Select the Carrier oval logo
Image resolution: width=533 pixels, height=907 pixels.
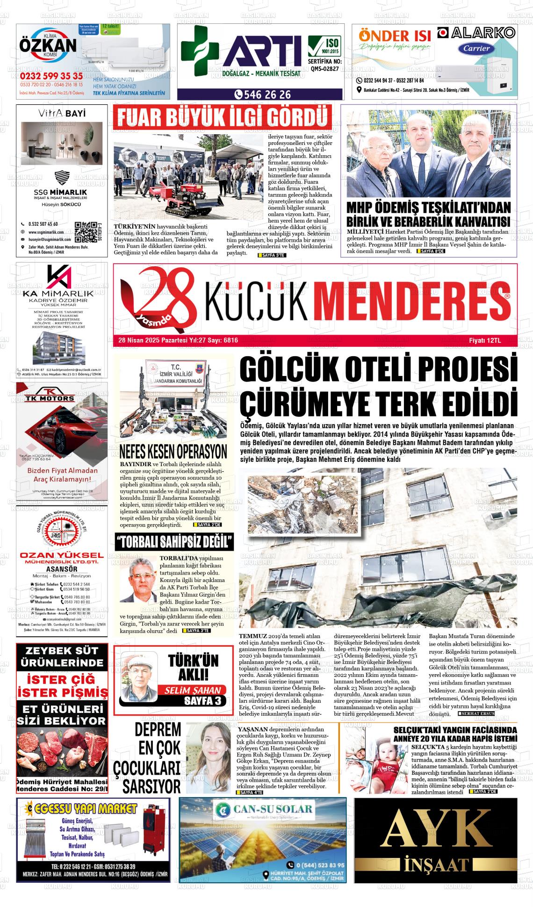(476, 48)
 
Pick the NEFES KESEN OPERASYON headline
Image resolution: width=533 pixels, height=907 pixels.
(173, 452)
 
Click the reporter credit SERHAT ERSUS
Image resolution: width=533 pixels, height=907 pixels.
(476, 714)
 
